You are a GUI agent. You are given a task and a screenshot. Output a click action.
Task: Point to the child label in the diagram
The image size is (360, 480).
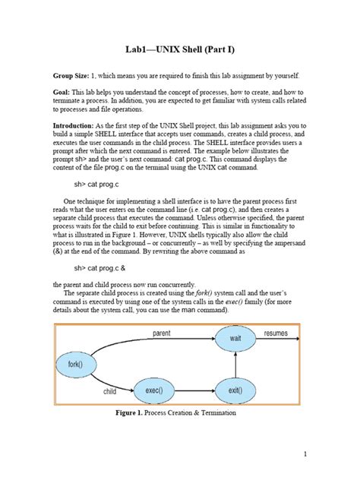[x=110, y=392]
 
